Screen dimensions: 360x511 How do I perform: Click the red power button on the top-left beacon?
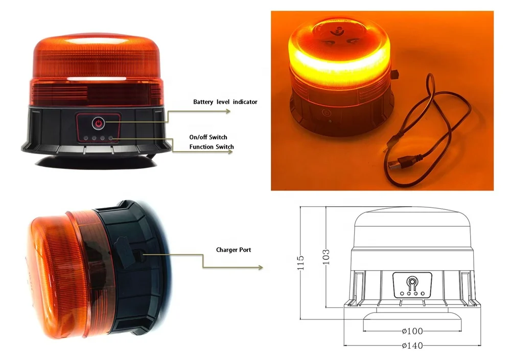pyautogui.click(x=98, y=123)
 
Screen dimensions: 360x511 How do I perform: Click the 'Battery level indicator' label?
pyautogui.click(x=225, y=102)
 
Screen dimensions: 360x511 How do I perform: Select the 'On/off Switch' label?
pyautogui.click(x=208, y=137)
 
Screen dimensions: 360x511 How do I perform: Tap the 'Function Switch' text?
pyautogui.click(x=212, y=147)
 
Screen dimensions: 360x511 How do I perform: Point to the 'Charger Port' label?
pyautogui.click(x=234, y=250)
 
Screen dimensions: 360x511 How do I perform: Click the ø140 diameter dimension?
pyautogui.click(x=412, y=346)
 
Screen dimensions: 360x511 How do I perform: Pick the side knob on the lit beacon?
pyautogui.click(x=396, y=76)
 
